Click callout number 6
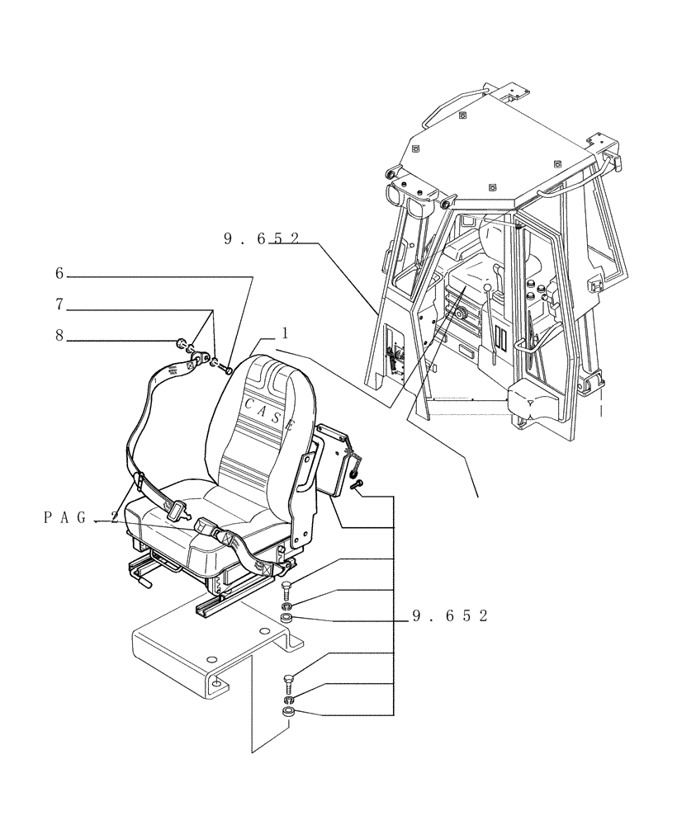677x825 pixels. coord(59,273)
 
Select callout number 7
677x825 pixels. coord(59,305)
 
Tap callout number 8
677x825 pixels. coord(59,337)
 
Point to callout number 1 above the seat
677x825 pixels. coord(284,333)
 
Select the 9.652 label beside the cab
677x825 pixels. coord(260,239)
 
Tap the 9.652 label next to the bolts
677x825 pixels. coord(449,616)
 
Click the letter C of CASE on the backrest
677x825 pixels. coord(249,402)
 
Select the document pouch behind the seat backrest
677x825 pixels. coord(334,458)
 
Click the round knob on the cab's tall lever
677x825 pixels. coord(488,286)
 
